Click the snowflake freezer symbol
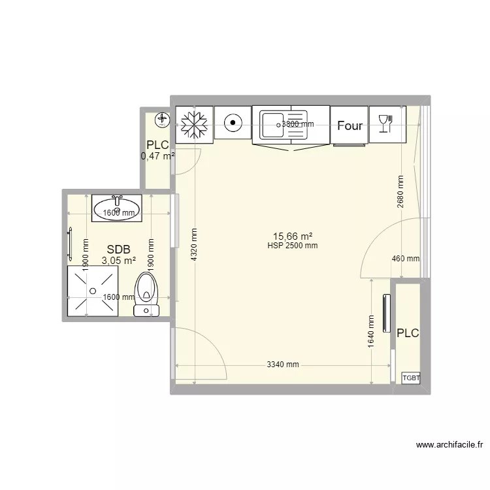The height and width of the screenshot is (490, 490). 194,125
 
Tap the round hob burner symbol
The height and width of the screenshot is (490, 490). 233,123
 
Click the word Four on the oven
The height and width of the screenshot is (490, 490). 350,125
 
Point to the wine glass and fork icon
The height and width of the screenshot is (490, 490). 385,123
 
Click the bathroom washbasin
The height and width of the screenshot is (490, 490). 117,208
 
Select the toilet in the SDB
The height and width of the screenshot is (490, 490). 146,295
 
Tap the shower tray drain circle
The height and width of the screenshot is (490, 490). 93,291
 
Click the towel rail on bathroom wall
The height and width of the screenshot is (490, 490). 70,244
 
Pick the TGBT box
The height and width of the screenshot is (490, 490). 411,378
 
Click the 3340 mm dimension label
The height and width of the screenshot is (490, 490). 283,365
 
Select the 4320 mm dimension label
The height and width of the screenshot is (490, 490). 194,245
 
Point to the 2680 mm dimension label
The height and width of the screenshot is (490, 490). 400,191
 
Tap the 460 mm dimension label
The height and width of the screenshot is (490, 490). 406,259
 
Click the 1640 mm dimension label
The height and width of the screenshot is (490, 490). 371,331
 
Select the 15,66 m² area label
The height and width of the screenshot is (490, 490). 293,237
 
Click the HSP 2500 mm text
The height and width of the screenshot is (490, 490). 293,246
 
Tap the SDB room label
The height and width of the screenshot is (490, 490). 118,250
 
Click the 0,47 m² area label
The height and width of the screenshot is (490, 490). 157,155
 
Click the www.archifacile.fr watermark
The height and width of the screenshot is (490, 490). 449,445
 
